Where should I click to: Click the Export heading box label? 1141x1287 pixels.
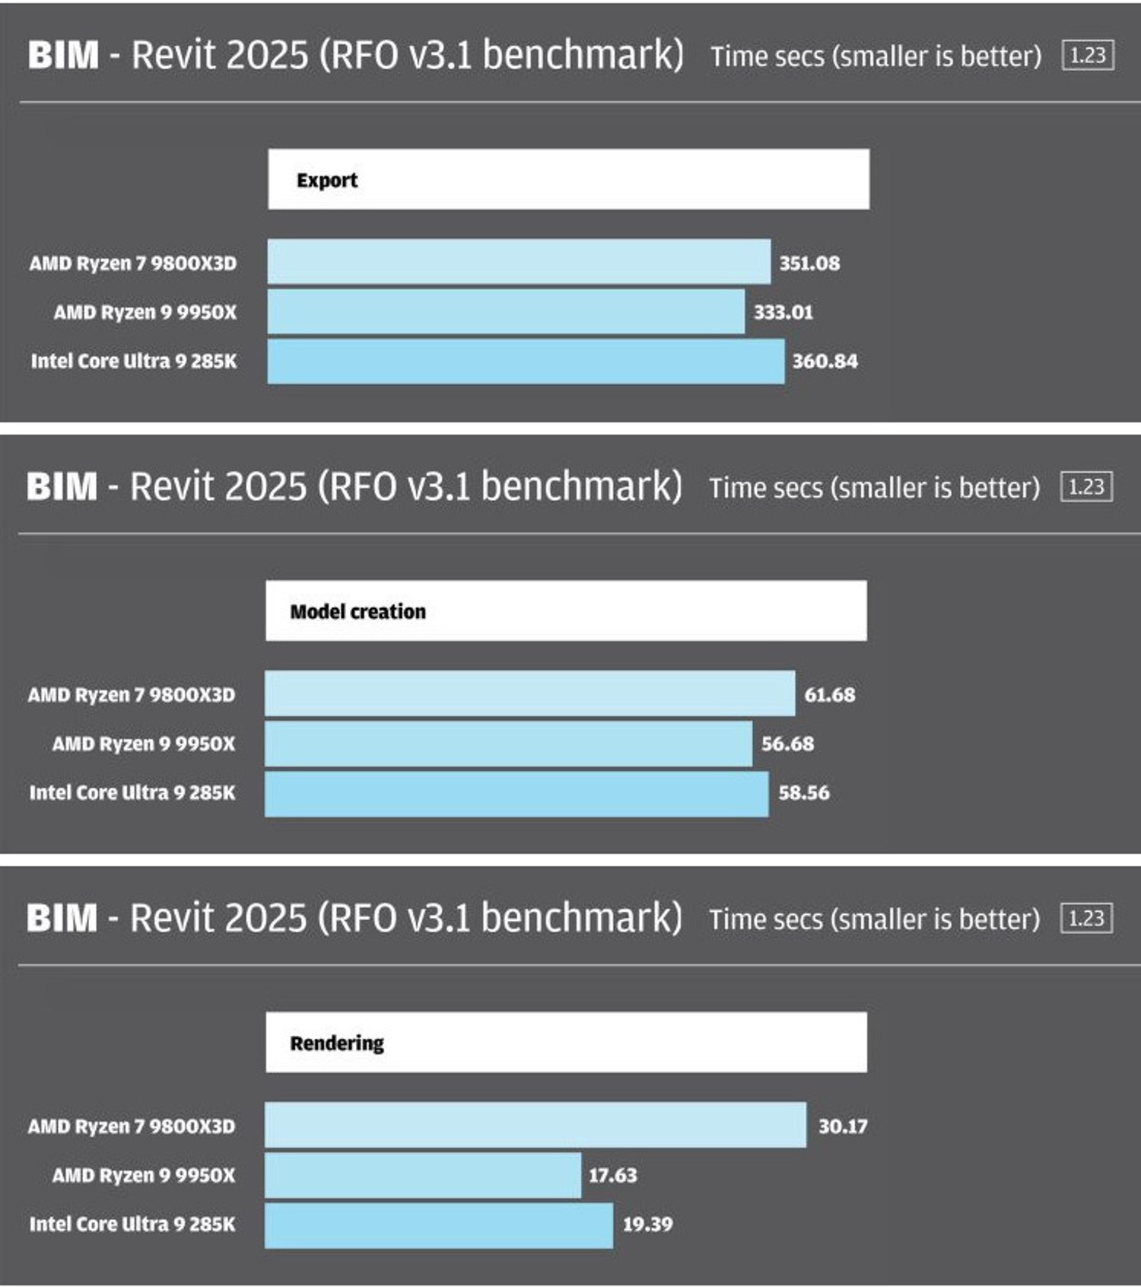click(327, 180)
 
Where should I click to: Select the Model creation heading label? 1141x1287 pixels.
click(358, 612)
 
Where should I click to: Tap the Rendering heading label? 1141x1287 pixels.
click(337, 1043)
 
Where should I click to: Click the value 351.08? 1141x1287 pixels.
click(809, 263)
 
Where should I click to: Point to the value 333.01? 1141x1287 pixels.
click(783, 312)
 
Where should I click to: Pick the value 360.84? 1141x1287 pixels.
click(825, 361)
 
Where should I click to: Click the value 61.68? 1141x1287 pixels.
click(830, 695)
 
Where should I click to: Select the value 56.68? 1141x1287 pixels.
click(787, 744)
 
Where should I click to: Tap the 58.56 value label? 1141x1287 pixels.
click(803, 793)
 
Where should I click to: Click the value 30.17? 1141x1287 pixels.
click(843, 1126)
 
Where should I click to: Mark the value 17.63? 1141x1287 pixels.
click(612, 1175)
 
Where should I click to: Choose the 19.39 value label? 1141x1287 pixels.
click(647, 1225)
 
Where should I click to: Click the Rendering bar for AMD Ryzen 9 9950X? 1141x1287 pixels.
click(423, 1176)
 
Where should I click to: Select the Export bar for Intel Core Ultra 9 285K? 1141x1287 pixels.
click(526, 362)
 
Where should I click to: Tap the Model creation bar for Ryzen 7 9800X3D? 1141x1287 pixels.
click(529, 693)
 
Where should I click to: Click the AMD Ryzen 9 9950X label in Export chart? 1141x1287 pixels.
click(145, 312)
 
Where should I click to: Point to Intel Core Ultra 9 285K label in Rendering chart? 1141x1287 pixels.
click(132, 1225)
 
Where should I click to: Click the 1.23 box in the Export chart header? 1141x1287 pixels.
click(1088, 56)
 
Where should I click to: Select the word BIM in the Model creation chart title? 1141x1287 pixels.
click(62, 487)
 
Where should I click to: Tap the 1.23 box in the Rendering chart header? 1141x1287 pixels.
click(1086, 919)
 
